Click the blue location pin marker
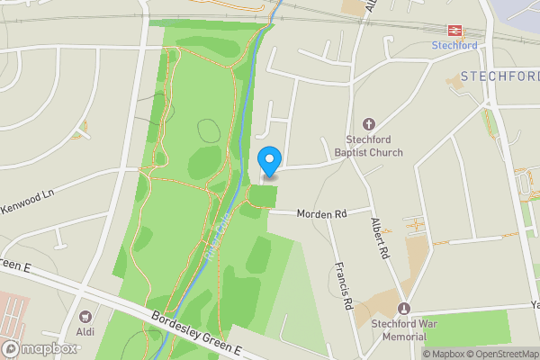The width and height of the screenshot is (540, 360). tap(268, 160)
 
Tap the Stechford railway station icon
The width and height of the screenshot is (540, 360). tap(454, 30)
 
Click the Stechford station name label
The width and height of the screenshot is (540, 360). tap(454, 45)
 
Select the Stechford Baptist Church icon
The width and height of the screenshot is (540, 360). tap(368, 123)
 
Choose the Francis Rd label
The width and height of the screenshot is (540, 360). tap(341, 286)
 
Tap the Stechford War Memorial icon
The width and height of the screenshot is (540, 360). tap(403, 309)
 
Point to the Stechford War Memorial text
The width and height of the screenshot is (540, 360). tap(397, 330)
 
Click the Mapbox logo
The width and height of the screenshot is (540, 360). tap(40, 348)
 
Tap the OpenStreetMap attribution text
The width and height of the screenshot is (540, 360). tap(500, 354)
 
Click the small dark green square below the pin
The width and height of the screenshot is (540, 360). tap(263, 195)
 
